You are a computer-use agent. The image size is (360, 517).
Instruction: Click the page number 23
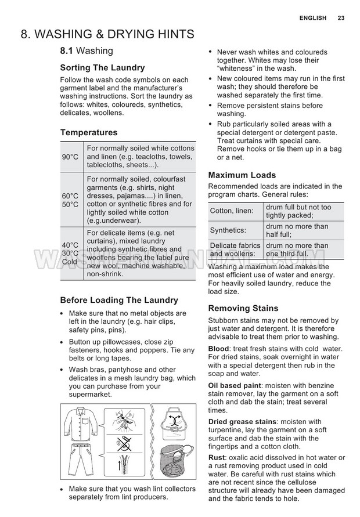341,18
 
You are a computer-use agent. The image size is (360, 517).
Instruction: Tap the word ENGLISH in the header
313,18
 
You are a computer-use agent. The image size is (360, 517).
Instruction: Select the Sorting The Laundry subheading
102,68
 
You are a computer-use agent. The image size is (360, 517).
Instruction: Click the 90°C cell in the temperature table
70,157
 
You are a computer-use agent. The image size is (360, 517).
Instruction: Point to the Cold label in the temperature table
70,262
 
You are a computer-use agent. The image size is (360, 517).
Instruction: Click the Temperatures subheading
89,132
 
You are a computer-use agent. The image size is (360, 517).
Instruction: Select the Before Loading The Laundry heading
119,300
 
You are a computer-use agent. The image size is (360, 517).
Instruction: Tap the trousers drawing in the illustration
81,461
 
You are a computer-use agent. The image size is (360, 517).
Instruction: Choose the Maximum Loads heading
242,175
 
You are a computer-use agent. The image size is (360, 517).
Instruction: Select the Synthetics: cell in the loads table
228,230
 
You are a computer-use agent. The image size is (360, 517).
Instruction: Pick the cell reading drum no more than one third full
297,250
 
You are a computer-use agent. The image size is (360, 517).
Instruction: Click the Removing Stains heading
243,308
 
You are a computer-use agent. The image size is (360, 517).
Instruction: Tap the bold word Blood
219,349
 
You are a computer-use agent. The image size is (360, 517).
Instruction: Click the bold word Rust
217,457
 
